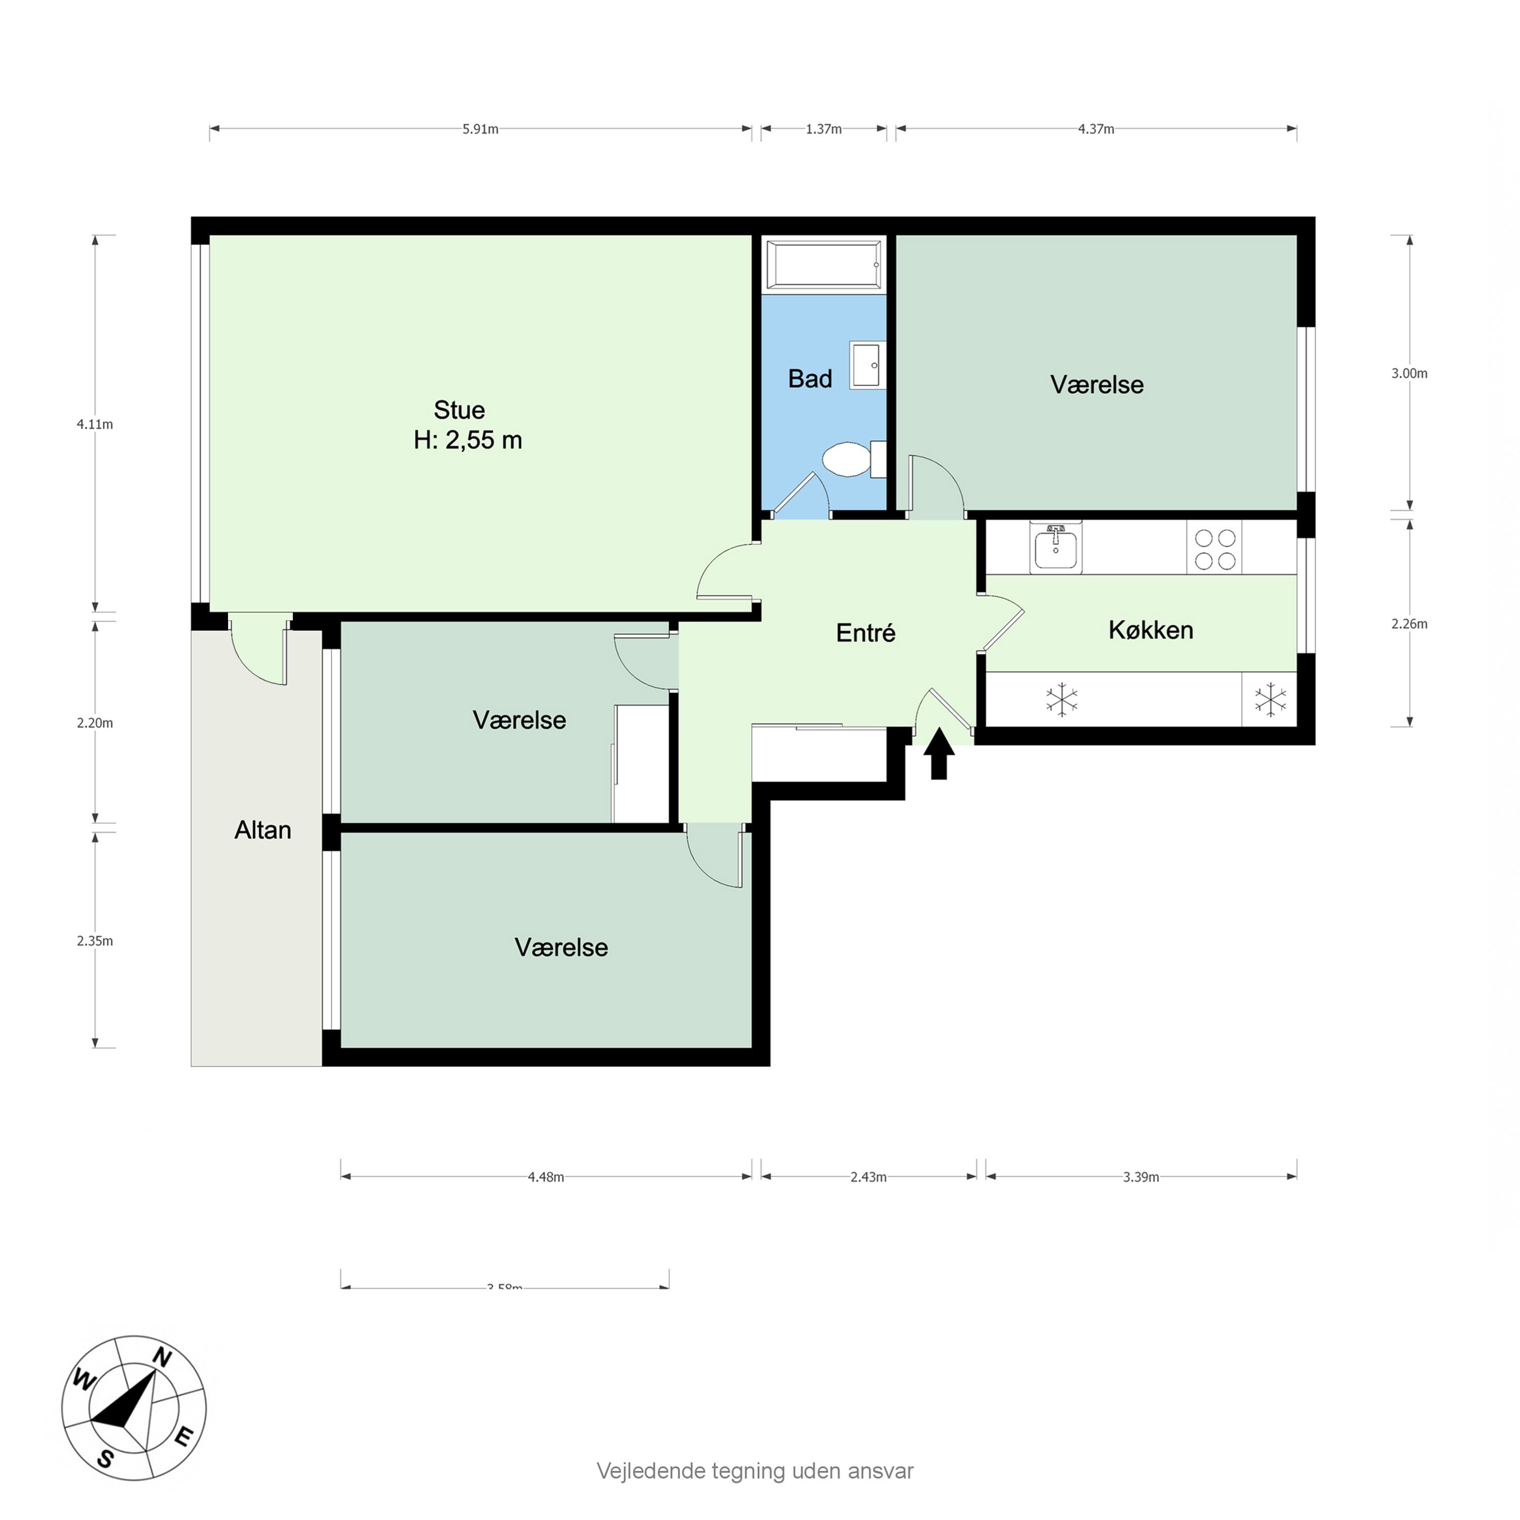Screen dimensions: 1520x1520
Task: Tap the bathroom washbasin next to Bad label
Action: tap(866, 365)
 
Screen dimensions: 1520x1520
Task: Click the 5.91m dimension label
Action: tap(480, 129)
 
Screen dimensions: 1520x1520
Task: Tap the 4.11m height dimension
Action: tap(94, 424)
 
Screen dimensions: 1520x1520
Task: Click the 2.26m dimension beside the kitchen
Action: tap(1409, 624)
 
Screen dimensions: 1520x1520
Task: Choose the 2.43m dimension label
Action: tap(868, 1177)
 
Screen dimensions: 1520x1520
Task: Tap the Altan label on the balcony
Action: tap(263, 830)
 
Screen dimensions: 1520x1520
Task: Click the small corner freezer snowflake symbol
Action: tap(1270, 699)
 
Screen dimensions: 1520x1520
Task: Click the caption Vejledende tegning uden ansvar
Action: tap(754, 1471)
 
